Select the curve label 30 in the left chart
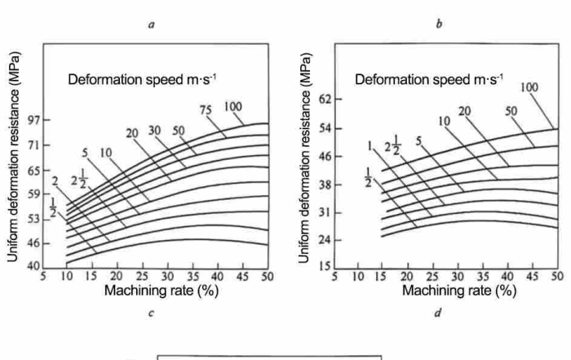click(x=154, y=131)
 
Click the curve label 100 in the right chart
click(x=529, y=87)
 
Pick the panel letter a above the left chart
click(x=152, y=25)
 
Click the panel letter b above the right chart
click(x=440, y=25)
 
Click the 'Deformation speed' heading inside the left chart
click(x=141, y=80)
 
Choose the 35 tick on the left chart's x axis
click(x=193, y=278)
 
